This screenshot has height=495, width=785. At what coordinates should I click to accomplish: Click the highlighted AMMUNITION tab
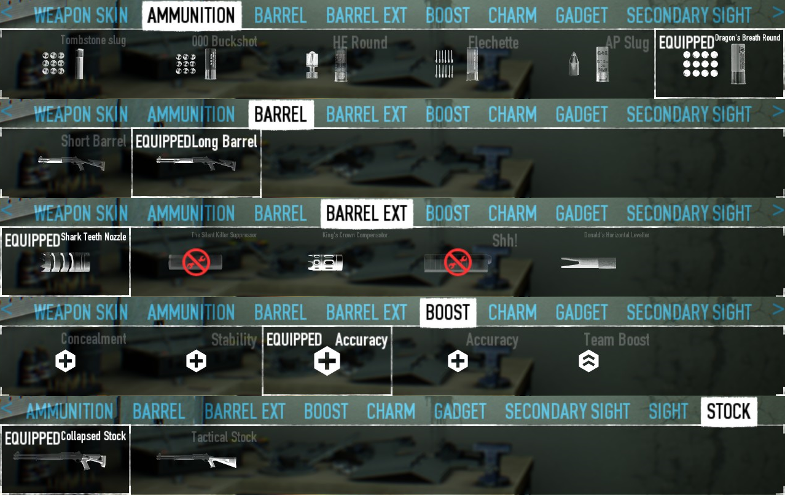191,15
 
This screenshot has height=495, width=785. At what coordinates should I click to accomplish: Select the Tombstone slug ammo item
61,65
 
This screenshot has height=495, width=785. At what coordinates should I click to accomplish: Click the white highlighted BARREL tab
281,114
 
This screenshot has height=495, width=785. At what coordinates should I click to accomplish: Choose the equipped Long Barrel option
196,163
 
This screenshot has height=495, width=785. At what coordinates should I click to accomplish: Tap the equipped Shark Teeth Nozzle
65,263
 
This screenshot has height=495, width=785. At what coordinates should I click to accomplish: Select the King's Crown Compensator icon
325,263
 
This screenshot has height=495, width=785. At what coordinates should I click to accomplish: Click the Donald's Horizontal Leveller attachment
588,263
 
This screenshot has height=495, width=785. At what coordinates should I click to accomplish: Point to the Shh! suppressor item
458,263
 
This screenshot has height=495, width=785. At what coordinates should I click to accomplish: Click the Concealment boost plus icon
65,362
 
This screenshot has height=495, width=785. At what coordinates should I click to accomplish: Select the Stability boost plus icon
196,362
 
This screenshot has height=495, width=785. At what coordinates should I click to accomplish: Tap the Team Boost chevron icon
588,362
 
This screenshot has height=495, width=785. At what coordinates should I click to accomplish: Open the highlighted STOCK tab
728,411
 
